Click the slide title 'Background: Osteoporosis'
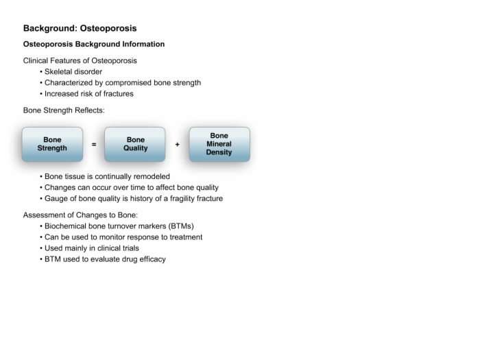pos(80,28)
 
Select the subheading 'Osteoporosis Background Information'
pos(94,44)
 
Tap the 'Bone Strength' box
pos(52,144)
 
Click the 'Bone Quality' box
pos(135,144)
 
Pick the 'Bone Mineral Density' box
pos(219,144)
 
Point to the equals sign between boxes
pos(94,144)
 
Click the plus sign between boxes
pos(177,144)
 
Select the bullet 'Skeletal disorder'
pos(73,71)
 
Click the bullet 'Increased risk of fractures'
pos(89,94)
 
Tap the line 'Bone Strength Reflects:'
pos(64,110)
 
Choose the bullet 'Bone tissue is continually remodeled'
pos(107,176)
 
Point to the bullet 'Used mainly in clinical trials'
pos(92,248)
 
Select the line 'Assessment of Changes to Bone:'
pos(80,215)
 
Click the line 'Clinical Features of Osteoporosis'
pos(80,60)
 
